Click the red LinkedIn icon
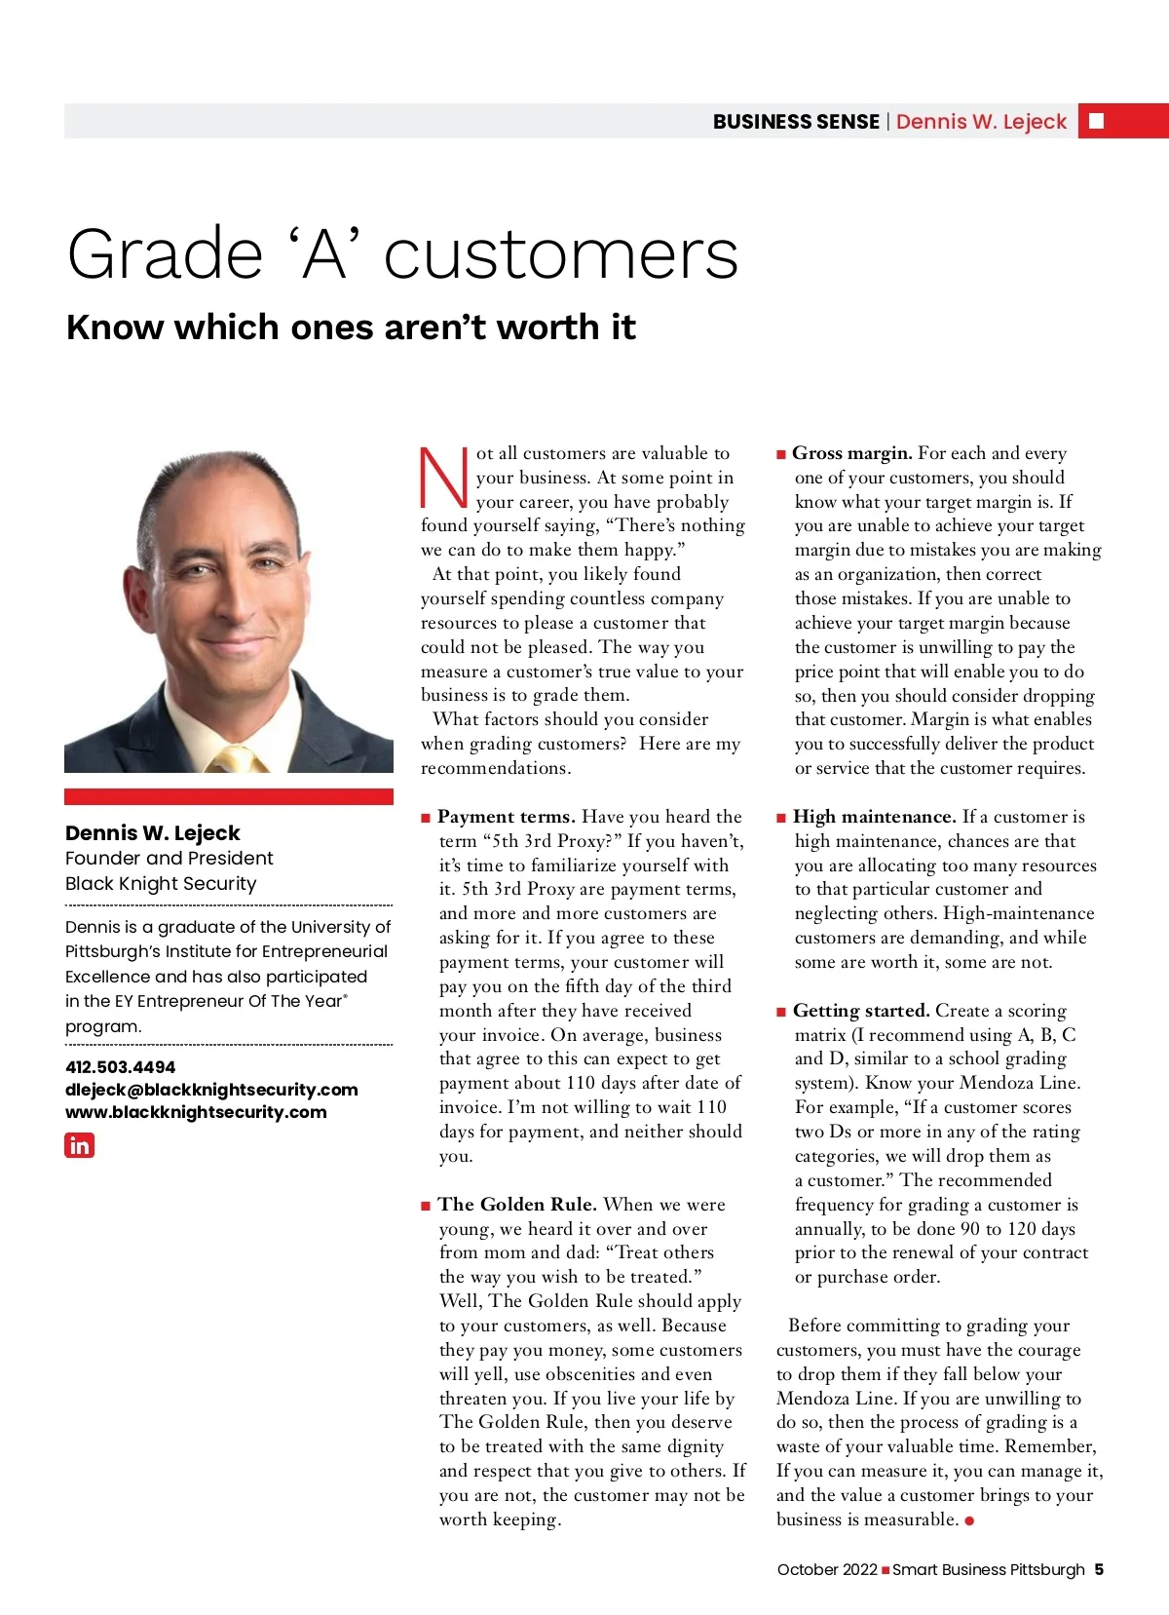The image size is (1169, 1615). pyautogui.click(x=79, y=1145)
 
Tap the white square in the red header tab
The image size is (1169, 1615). pyautogui.click(x=1096, y=121)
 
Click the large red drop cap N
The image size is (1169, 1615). pyautogui.click(x=443, y=478)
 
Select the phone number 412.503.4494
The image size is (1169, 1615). pyautogui.click(x=121, y=1067)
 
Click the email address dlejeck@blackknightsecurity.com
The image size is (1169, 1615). pyautogui.click(x=211, y=1090)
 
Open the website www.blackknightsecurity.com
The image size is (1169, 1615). pyautogui.click(x=196, y=1112)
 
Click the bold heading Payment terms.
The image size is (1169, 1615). pyautogui.click(x=507, y=817)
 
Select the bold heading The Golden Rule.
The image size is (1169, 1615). pyautogui.click(x=517, y=1205)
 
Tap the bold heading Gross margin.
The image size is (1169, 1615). pyautogui.click(x=852, y=453)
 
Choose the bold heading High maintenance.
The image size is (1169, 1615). pyautogui.click(x=874, y=817)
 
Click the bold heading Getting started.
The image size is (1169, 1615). pyautogui.click(x=861, y=1011)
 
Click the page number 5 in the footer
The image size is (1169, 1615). pyautogui.click(x=1099, y=1570)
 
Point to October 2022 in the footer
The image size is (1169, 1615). pyautogui.click(x=827, y=1570)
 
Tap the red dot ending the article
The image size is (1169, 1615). pyautogui.click(x=969, y=1520)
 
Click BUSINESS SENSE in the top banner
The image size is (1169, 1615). pyautogui.click(x=796, y=122)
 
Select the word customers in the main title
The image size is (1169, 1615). pyautogui.click(x=561, y=255)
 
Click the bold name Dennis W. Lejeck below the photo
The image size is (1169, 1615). pyautogui.click(x=153, y=833)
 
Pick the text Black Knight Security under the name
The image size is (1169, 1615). pyautogui.click(x=161, y=884)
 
